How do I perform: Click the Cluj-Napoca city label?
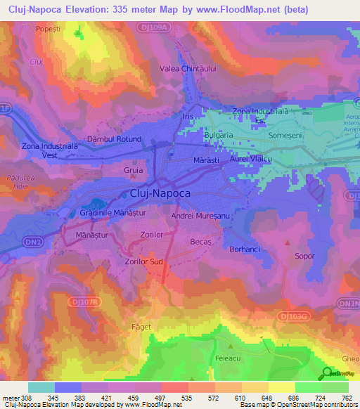click(160, 193)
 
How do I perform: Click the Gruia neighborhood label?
click(133, 170)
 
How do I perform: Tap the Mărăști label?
click(206, 161)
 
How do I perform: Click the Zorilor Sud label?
click(143, 261)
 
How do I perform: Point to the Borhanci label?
click(246, 249)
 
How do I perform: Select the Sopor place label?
click(304, 257)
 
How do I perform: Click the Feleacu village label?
click(229, 358)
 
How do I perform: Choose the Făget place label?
click(141, 327)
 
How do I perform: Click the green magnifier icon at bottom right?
click(327, 373)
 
